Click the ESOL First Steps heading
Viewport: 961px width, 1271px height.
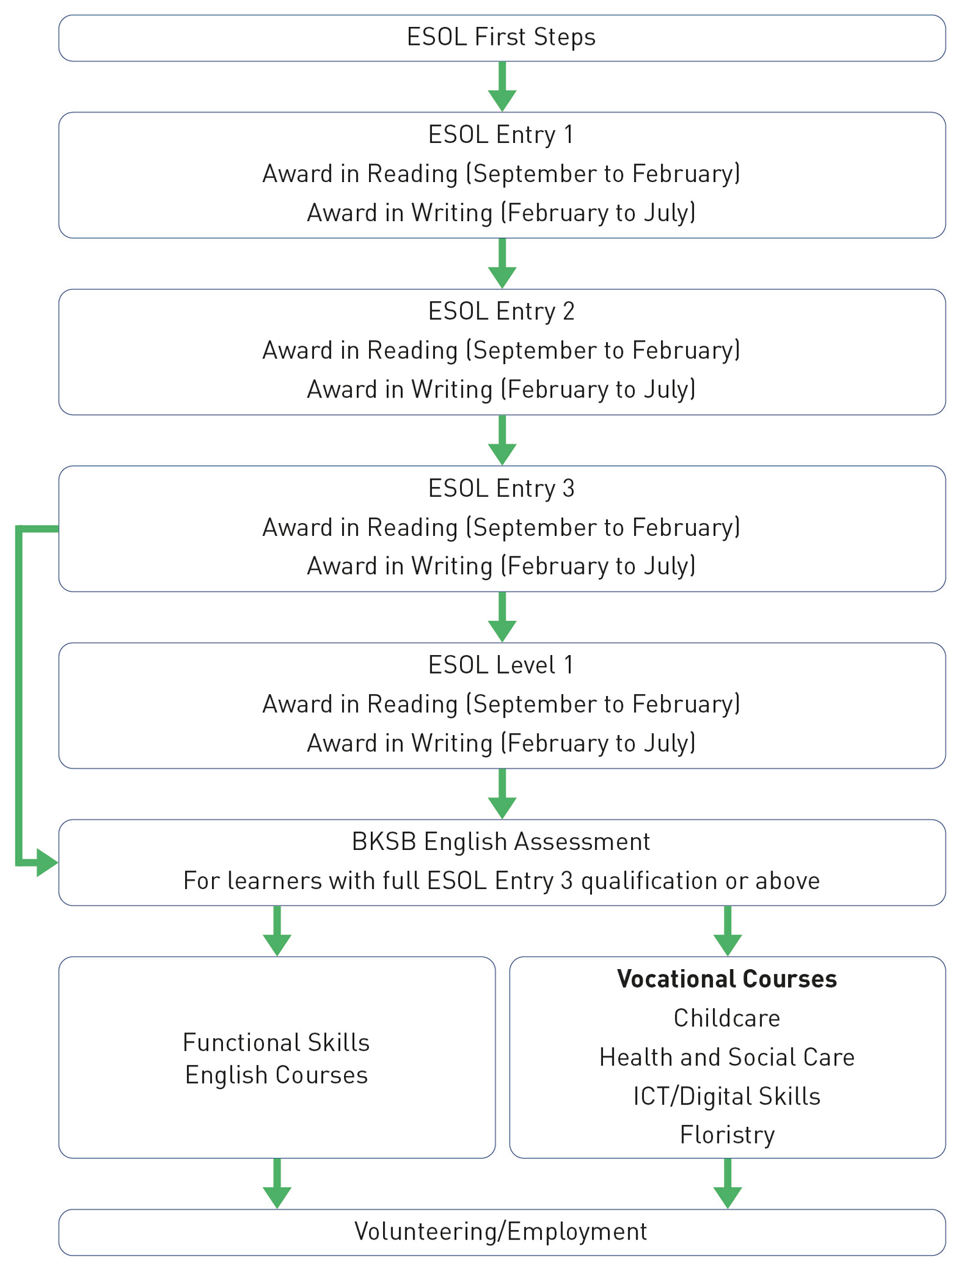(x=501, y=37)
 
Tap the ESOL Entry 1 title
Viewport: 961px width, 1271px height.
(x=501, y=135)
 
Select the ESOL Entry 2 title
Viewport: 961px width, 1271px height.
(x=501, y=312)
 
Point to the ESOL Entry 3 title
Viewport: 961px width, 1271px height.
(x=501, y=488)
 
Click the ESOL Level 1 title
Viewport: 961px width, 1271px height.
(x=501, y=665)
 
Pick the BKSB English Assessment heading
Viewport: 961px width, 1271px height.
(x=501, y=842)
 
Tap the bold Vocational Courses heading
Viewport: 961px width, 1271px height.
(x=727, y=979)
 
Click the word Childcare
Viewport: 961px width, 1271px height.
(x=727, y=1018)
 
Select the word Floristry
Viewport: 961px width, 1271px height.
(x=727, y=1134)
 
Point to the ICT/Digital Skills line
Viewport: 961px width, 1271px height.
(x=727, y=1096)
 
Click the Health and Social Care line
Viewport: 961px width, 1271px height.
(x=727, y=1057)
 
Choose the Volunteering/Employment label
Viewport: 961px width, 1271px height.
(x=501, y=1231)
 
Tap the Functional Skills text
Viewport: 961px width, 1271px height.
(x=276, y=1043)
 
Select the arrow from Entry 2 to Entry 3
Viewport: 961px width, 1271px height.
(x=502, y=441)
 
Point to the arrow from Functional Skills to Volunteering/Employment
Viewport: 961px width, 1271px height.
(x=277, y=1184)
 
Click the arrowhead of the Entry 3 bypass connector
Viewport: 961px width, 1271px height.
(x=47, y=863)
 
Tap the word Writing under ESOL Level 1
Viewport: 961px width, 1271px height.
(x=452, y=743)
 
